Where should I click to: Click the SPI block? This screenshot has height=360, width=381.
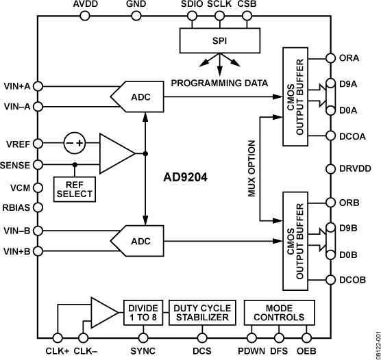(x=219, y=40)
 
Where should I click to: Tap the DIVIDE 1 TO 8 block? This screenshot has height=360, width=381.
(x=143, y=311)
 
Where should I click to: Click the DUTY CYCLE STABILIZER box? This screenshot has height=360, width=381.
(x=201, y=311)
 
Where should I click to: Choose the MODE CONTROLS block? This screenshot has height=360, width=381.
(x=274, y=311)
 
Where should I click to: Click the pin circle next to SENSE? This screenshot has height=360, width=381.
(x=39, y=165)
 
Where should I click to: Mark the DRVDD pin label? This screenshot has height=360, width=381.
(x=356, y=168)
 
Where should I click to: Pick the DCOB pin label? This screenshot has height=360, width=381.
(x=352, y=279)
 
